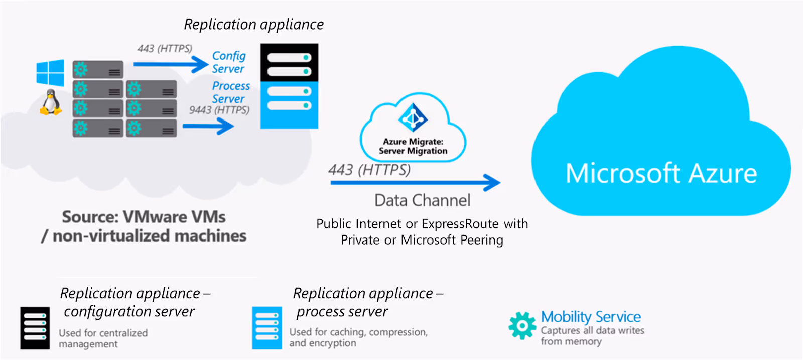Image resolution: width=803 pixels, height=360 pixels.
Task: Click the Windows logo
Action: pyautogui.click(x=50, y=73)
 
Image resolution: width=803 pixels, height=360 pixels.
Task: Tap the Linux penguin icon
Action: pyautogui.click(x=51, y=103)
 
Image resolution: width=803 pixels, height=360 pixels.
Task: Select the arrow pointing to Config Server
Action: pyautogui.click(x=171, y=64)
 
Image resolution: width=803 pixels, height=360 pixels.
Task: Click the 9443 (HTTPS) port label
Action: pyautogui.click(x=219, y=110)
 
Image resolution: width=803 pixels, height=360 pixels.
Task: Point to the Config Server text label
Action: pyautogui.click(x=229, y=62)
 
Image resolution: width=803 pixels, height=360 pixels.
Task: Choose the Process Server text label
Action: pyautogui.click(x=230, y=92)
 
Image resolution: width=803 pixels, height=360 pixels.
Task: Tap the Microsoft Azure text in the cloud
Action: pyautogui.click(x=661, y=174)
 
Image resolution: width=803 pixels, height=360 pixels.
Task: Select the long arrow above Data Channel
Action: pyautogui.click(x=415, y=182)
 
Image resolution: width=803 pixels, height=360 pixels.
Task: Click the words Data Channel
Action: pyautogui.click(x=423, y=200)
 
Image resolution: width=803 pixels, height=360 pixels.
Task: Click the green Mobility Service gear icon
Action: pyautogui.click(x=522, y=325)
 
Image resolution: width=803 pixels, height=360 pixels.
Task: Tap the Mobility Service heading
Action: pyautogui.click(x=591, y=317)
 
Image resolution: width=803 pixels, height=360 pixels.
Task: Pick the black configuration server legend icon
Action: pyautogui.click(x=35, y=328)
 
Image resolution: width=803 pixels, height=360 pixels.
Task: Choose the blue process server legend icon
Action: pyautogui.click(x=267, y=328)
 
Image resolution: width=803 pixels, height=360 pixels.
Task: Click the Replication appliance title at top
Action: pyautogui.click(x=253, y=24)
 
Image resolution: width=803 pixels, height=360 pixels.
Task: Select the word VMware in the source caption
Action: pyautogui.click(x=155, y=217)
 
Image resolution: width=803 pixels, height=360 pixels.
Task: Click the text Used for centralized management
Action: pyautogui.click(x=103, y=338)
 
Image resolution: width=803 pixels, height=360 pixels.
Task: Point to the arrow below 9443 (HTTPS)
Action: pyautogui.click(x=208, y=126)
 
